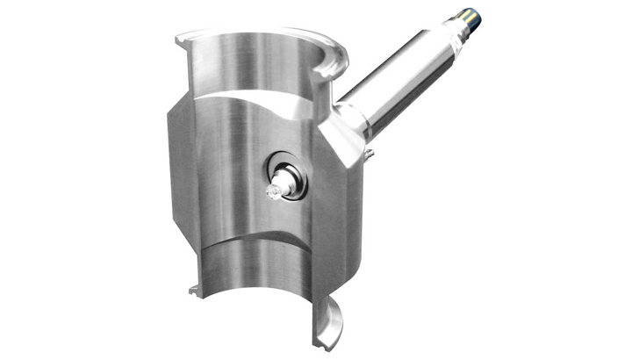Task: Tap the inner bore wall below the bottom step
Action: tap(255, 281)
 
